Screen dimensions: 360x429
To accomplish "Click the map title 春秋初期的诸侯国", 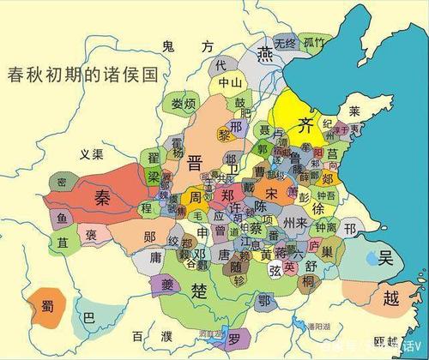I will [x=82, y=74].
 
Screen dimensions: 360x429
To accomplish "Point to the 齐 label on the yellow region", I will [x=304, y=125].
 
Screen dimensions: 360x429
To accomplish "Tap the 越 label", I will [x=391, y=297].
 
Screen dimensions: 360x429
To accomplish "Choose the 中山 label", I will [x=230, y=83].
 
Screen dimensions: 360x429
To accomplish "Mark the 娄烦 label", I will [x=184, y=105].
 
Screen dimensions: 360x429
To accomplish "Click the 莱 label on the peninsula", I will [x=353, y=111].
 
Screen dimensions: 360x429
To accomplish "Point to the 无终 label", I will [x=285, y=42].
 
